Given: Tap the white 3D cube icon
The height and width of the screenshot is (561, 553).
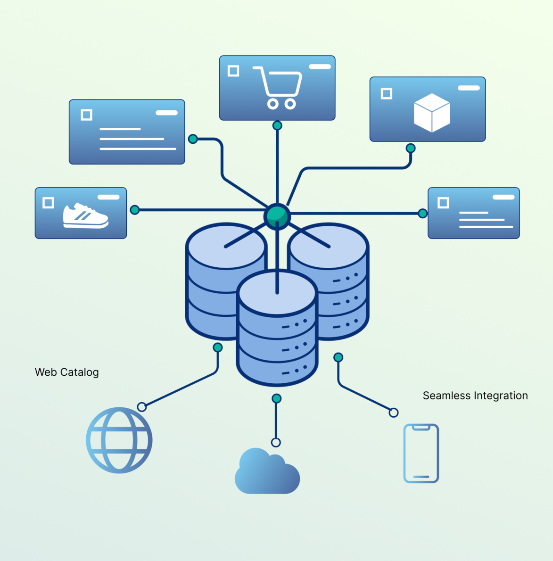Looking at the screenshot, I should [x=432, y=113].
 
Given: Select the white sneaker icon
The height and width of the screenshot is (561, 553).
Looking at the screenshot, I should [x=85, y=216].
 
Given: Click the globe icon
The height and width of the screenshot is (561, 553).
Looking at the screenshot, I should [x=119, y=440].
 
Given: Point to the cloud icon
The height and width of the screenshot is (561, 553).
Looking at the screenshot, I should [x=267, y=472].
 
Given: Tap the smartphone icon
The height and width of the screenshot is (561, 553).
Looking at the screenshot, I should [x=421, y=454].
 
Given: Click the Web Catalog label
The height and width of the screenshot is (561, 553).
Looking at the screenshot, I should [x=67, y=372].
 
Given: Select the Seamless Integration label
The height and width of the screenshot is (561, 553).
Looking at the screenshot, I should [x=475, y=396].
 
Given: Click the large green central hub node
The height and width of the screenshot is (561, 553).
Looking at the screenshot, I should [x=277, y=216].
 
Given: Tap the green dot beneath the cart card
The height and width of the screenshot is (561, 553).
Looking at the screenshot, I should [x=277, y=125].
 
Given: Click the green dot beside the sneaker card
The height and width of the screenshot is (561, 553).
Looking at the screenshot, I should [x=135, y=210].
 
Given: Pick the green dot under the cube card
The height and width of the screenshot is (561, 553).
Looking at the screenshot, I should [x=411, y=148].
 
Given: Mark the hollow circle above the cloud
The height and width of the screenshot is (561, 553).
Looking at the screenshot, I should [x=276, y=442].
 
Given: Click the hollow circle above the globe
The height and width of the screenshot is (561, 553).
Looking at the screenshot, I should [x=142, y=407].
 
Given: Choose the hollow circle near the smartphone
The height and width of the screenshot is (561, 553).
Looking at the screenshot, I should [x=394, y=413].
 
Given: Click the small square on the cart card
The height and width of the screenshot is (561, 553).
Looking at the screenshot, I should [x=233, y=71].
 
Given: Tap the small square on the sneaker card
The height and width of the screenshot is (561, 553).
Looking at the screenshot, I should [x=48, y=203].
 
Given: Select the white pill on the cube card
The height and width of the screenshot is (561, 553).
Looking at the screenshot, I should [x=469, y=88].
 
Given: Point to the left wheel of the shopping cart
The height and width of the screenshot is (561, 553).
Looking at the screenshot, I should [x=272, y=104].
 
